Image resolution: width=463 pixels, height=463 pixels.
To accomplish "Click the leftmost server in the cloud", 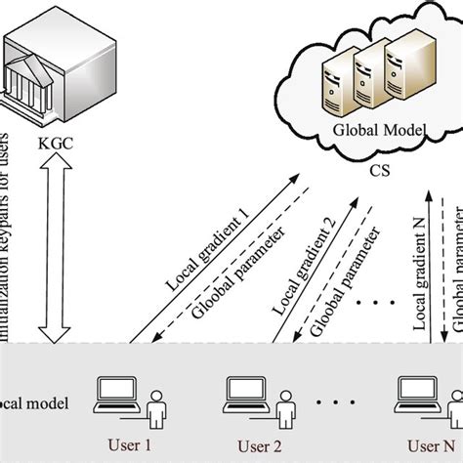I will (x=334, y=84).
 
